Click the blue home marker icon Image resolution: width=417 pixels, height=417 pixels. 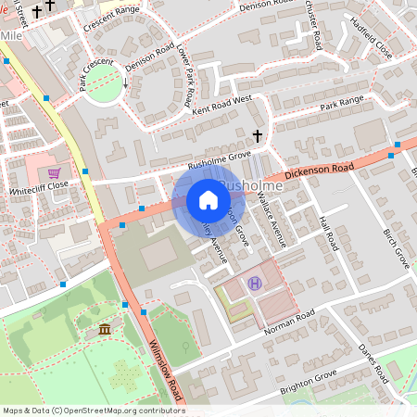(208, 200)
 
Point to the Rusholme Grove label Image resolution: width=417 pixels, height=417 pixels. (220, 160)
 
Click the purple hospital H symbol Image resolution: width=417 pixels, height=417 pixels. (256, 283)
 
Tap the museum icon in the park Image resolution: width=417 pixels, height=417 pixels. (105, 329)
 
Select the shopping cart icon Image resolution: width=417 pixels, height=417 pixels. (55, 172)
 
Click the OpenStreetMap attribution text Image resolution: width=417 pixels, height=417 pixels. (93, 410)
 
